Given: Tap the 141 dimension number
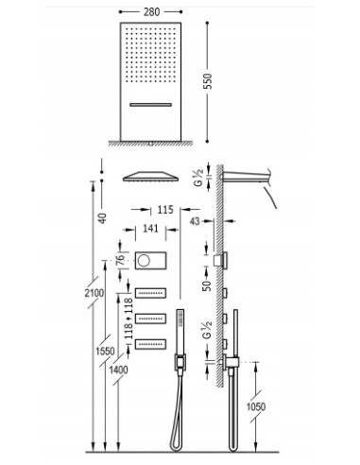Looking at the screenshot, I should click(150, 227).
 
